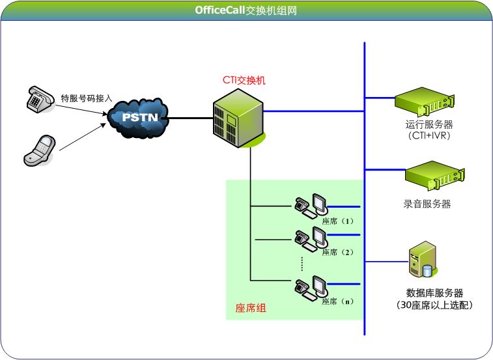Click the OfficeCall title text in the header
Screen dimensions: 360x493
247,10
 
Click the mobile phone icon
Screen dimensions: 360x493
40,149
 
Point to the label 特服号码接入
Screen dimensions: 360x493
87,98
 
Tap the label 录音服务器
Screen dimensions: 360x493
427,204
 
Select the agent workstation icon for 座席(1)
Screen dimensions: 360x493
311,206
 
